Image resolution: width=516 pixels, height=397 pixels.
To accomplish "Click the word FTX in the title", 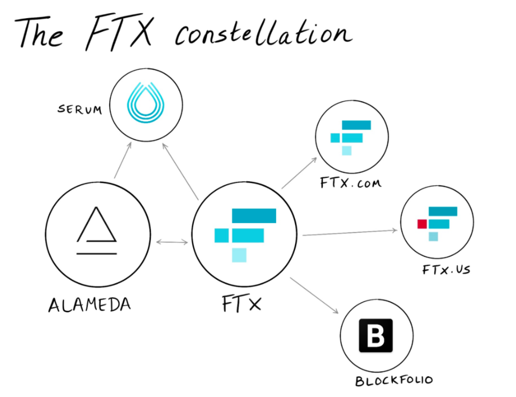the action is [x=119, y=32].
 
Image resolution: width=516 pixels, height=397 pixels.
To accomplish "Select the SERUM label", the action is [x=80, y=109].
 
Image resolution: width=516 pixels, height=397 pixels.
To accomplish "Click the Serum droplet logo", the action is [x=146, y=102].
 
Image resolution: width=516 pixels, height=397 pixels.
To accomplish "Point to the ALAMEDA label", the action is [x=89, y=304].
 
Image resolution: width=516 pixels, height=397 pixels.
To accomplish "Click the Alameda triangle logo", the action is [x=96, y=230].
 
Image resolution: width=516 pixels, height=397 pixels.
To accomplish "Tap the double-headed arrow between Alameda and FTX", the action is [x=172, y=242].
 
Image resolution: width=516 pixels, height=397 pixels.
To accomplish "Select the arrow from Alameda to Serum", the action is [x=123, y=160].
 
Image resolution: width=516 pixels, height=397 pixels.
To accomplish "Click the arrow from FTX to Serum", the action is [x=180, y=171].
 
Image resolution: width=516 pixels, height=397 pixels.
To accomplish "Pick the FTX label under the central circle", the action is [x=242, y=303].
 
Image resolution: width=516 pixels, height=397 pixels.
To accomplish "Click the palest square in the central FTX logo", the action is [x=239, y=256].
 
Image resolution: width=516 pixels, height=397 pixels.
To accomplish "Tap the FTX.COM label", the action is [x=351, y=183].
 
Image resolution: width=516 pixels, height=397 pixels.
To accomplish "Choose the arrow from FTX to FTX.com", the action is [x=299, y=173].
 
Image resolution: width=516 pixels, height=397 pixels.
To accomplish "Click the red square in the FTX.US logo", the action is [x=422, y=224].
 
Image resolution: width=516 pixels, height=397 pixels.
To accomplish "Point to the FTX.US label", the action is [x=446, y=270].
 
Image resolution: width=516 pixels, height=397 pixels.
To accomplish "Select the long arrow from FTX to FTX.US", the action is [x=350, y=233].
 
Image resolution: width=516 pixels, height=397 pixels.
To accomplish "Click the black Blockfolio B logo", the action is [x=376, y=335].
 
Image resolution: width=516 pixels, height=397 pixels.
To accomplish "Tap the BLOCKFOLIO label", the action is [x=394, y=380].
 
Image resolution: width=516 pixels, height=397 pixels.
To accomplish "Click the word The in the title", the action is [x=39, y=32].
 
